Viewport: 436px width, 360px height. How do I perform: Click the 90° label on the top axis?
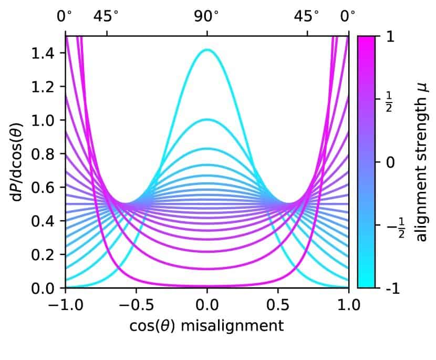(x=207, y=16)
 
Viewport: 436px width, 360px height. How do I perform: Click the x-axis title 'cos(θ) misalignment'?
(x=206, y=326)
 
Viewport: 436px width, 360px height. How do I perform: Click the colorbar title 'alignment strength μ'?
(x=420, y=162)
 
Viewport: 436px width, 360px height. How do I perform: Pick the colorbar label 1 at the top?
(x=389, y=37)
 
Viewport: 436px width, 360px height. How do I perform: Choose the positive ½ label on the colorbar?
(x=390, y=99)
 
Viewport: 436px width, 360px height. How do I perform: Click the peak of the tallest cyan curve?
(x=207, y=50)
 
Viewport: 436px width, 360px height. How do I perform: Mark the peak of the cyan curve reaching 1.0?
(x=207, y=119)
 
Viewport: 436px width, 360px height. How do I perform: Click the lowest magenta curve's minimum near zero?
(x=207, y=287)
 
